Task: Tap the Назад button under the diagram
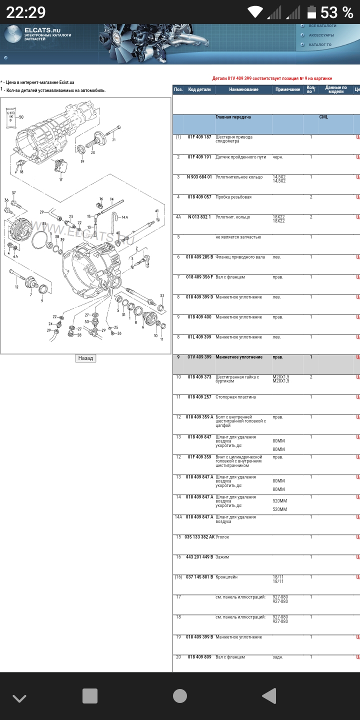(85, 358)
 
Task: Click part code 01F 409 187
(199, 137)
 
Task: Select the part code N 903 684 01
(199, 177)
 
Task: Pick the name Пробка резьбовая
(233, 197)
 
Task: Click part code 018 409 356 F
(199, 277)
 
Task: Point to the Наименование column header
(243, 89)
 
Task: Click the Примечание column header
(287, 89)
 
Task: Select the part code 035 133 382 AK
(199, 537)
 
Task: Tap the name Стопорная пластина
(235, 397)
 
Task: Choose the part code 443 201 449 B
(199, 557)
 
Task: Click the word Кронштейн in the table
(226, 577)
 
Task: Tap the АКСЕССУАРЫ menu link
(321, 35)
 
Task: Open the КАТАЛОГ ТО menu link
(320, 44)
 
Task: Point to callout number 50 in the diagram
(21, 116)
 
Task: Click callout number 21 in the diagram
(113, 140)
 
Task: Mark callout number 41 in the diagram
(156, 211)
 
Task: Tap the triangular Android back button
(269, 696)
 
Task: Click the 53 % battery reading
(336, 12)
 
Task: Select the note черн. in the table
(278, 157)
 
